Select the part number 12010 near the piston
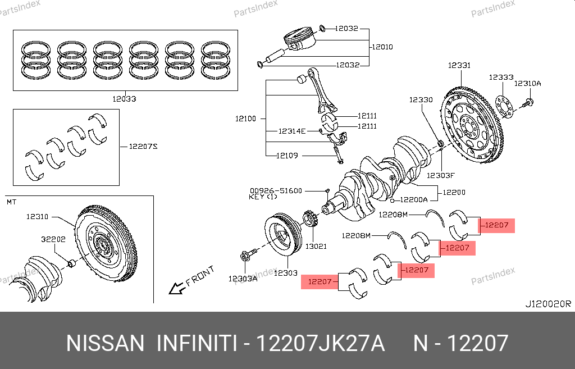click(x=382, y=47)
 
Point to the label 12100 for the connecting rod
click(x=245, y=119)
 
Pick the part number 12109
click(x=287, y=156)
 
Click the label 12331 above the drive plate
click(x=459, y=66)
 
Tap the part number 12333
click(x=501, y=78)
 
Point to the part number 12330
click(x=421, y=100)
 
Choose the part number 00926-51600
click(x=276, y=191)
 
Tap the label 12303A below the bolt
click(x=243, y=278)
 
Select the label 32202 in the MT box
click(x=53, y=239)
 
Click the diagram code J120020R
click(x=547, y=304)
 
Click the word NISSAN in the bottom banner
click(x=105, y=343)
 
